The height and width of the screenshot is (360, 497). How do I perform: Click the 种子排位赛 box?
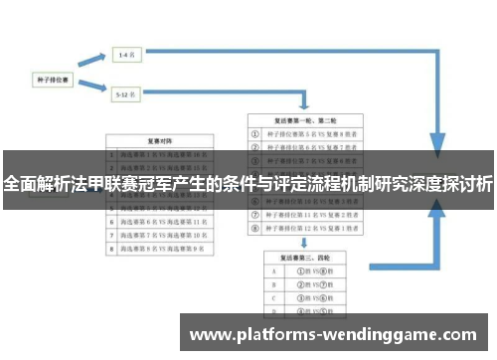click(x=52, y=76)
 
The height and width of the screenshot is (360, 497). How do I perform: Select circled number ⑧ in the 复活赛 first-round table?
click(x=257, y=228)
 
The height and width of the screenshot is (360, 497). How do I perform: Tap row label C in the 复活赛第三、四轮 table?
click(x=272, y=296)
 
